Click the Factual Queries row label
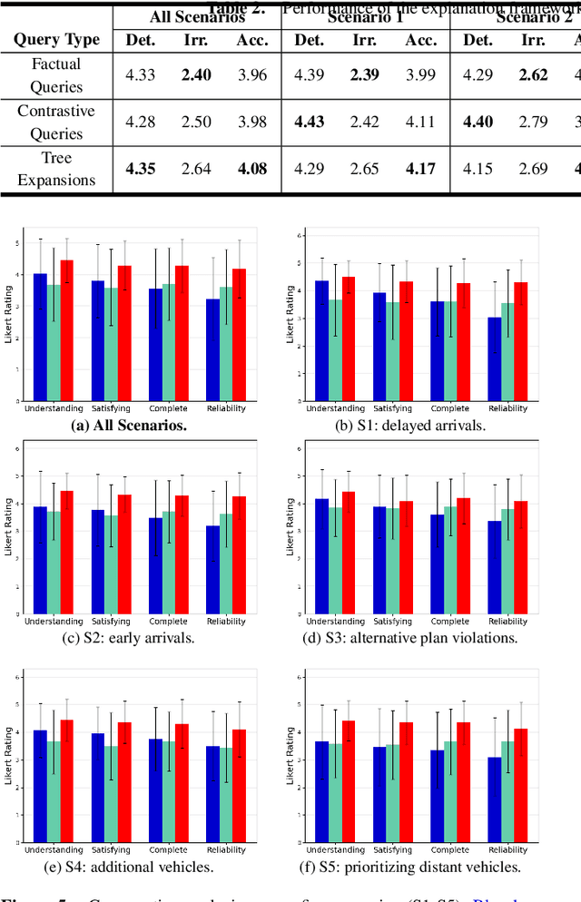click(56, 75)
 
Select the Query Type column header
click(56, 40)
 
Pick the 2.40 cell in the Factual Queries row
click(195, 75)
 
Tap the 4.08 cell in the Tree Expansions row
click(251, 169)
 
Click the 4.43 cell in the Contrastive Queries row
click(310, 122)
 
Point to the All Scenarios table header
click(196, 16)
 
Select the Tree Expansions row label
click(56, 169)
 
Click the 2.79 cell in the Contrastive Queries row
click(533, 122)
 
